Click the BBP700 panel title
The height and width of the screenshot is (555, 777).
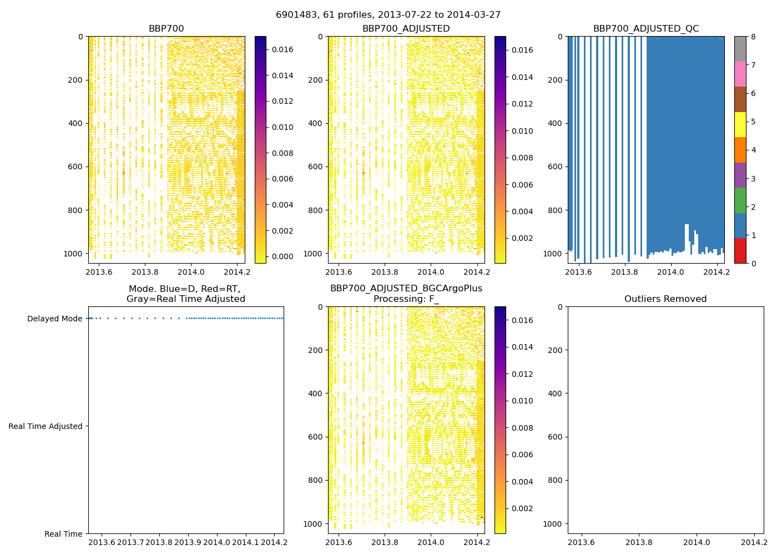coord(166,29)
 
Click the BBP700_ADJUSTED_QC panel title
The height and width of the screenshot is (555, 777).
coord(645,29)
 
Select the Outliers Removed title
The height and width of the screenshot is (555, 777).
coord(665,299)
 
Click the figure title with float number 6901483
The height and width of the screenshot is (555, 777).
coord(388,15)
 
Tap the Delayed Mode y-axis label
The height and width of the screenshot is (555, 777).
coord(54,319)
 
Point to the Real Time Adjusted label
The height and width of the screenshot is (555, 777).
coord(46,426)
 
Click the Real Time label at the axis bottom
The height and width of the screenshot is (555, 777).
coord(63,534)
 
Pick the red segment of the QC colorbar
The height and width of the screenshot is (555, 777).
coord(740,250)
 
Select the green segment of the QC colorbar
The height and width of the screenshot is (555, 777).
coord(740,200)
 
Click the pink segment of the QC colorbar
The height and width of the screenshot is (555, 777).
coord(740,74)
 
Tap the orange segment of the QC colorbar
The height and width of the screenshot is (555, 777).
coord(740,150)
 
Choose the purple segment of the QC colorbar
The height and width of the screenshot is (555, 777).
coord(740,175)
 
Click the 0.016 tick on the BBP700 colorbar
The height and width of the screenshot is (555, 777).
coord(282,49)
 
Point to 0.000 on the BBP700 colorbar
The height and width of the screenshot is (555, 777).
coord(282,256)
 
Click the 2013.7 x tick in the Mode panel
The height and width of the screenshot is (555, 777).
coord(131,542)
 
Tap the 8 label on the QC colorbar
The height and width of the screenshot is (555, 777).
coord(753,37)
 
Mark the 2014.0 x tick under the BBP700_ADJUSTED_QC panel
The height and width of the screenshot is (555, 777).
coord(670,272)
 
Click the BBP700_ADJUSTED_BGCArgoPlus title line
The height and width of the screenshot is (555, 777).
coord(406,289)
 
